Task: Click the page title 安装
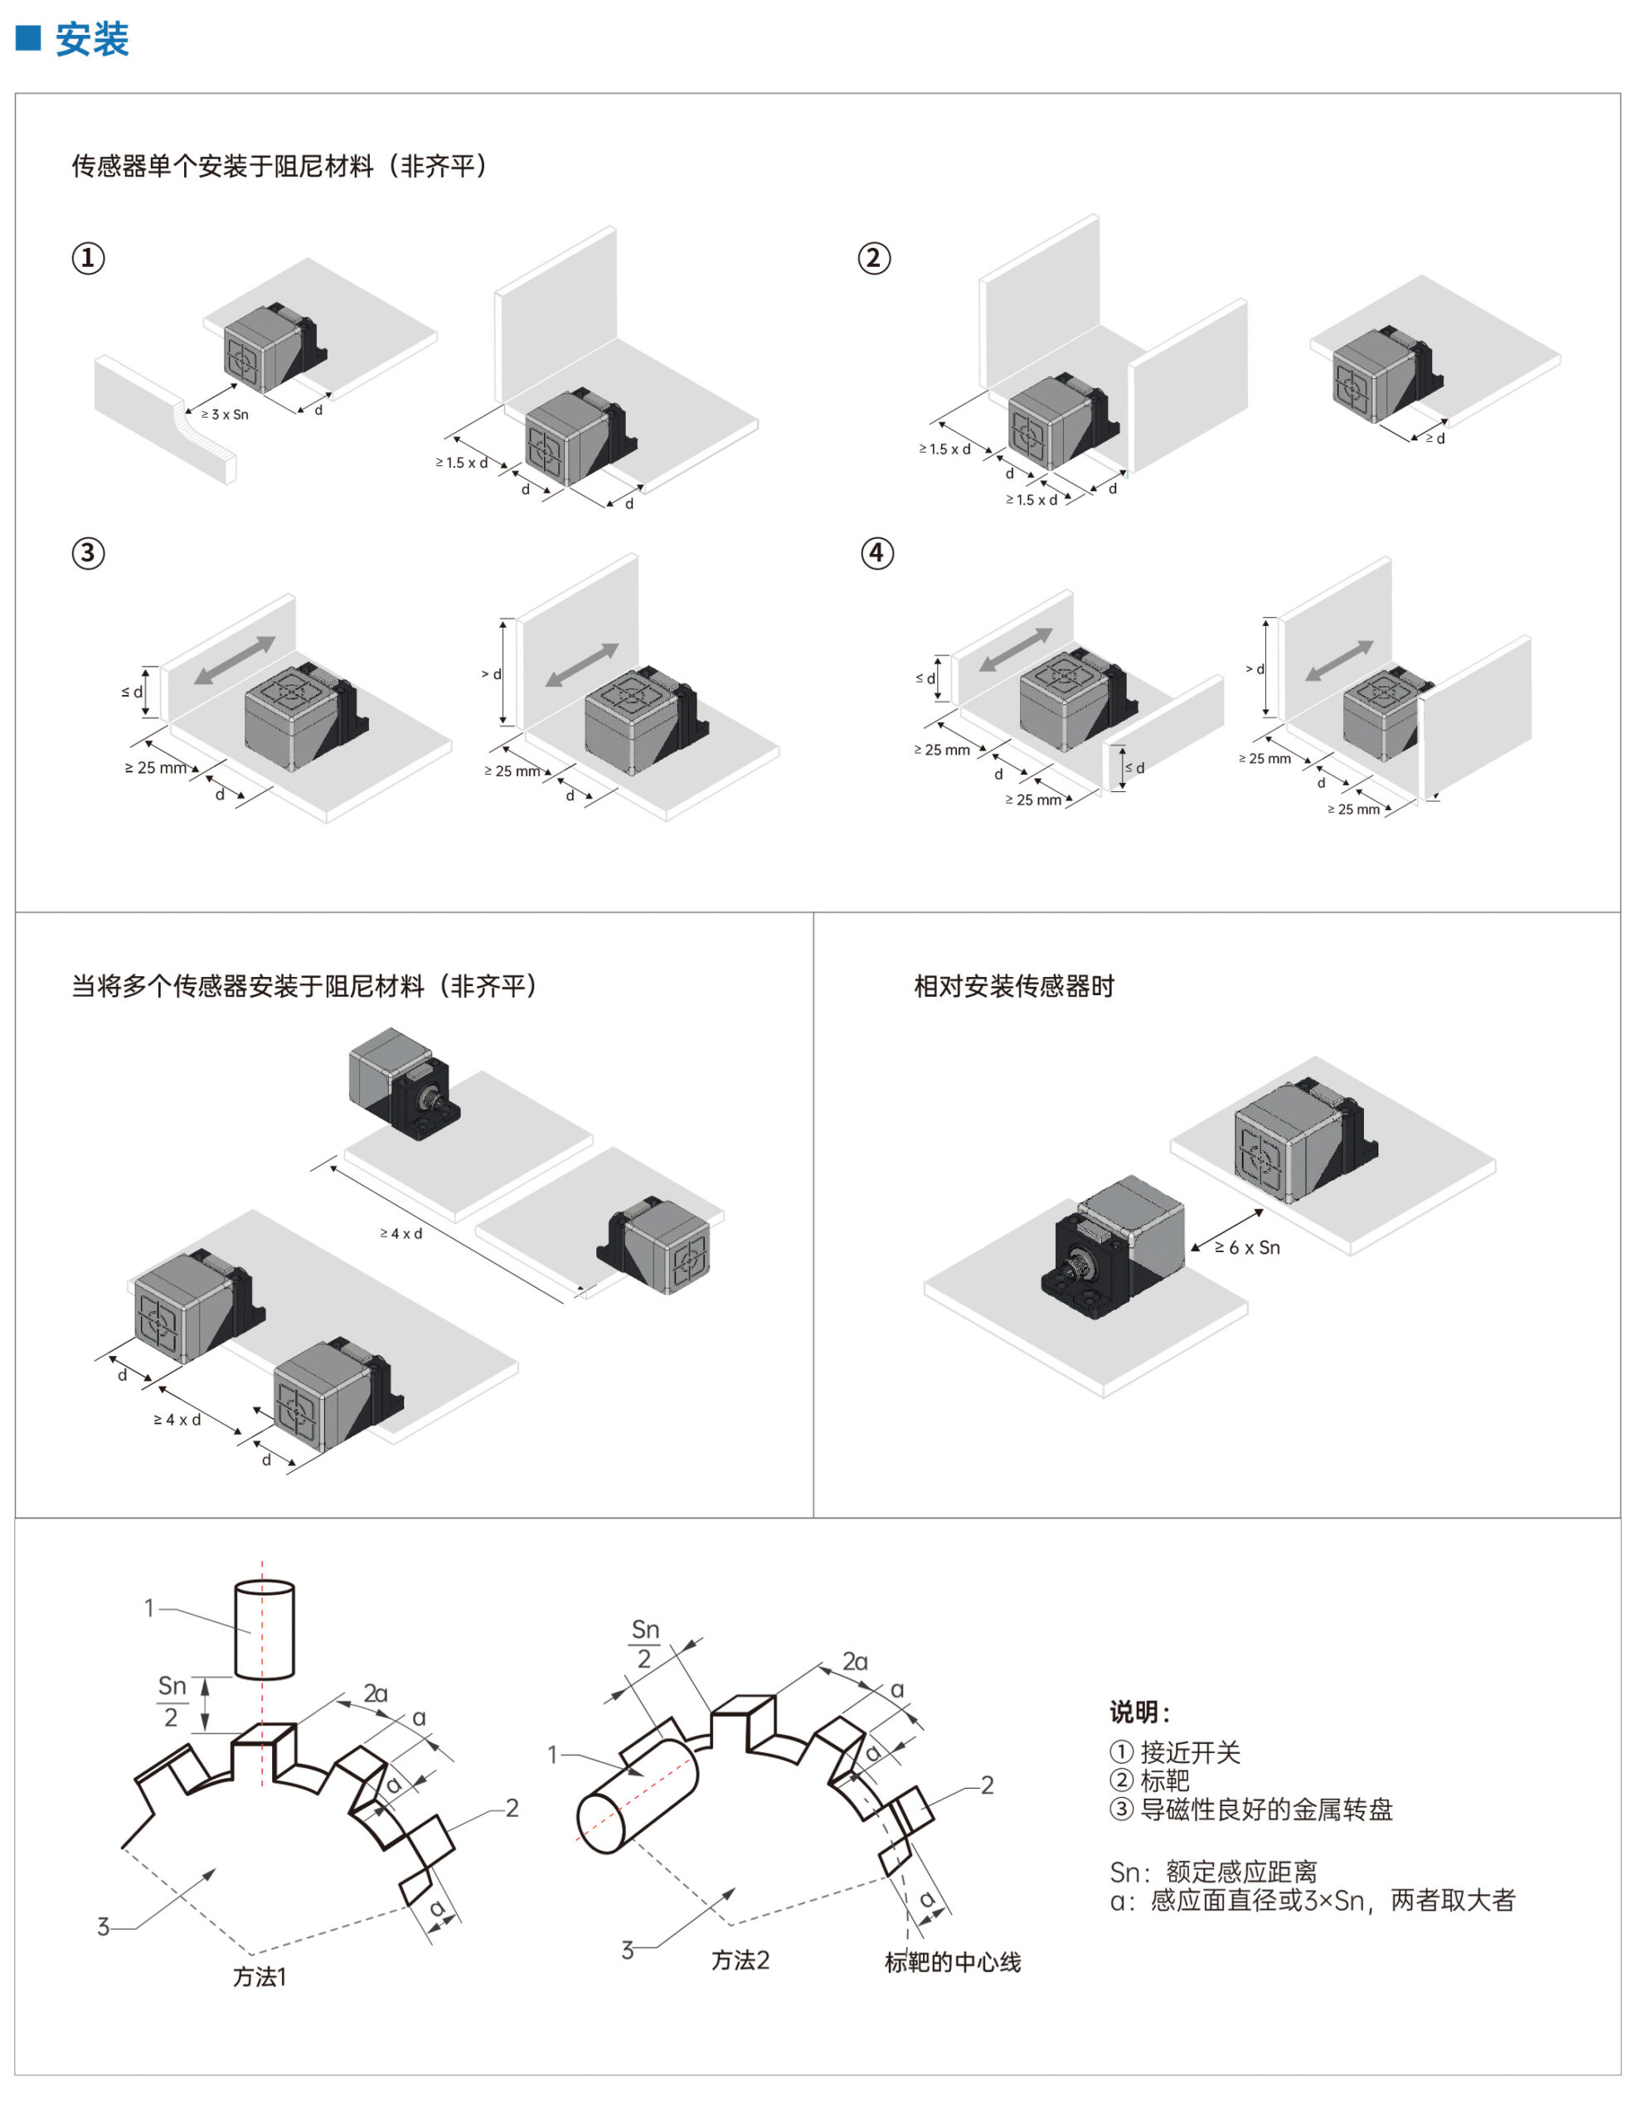coord(91,40)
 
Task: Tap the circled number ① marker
coord(89,258)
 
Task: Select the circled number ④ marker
coord(876,553)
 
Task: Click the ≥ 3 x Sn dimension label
coord(225,414)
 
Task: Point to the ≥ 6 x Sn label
coord(1247,1247)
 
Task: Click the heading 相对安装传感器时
coord(1014,987)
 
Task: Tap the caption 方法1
coord(260,1976)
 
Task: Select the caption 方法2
coord(740,1960)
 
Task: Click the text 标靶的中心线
coord(953,1961)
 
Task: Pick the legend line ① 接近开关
coord(1175,1751)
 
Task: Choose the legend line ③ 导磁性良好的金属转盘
coord(1251,1809)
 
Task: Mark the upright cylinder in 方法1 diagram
coord(265,1630)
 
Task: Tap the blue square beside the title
coord(28,38)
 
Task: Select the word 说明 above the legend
coord(1139,1712)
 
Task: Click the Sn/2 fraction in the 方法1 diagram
coord(172,1700)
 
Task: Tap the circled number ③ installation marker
coord(89,553)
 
